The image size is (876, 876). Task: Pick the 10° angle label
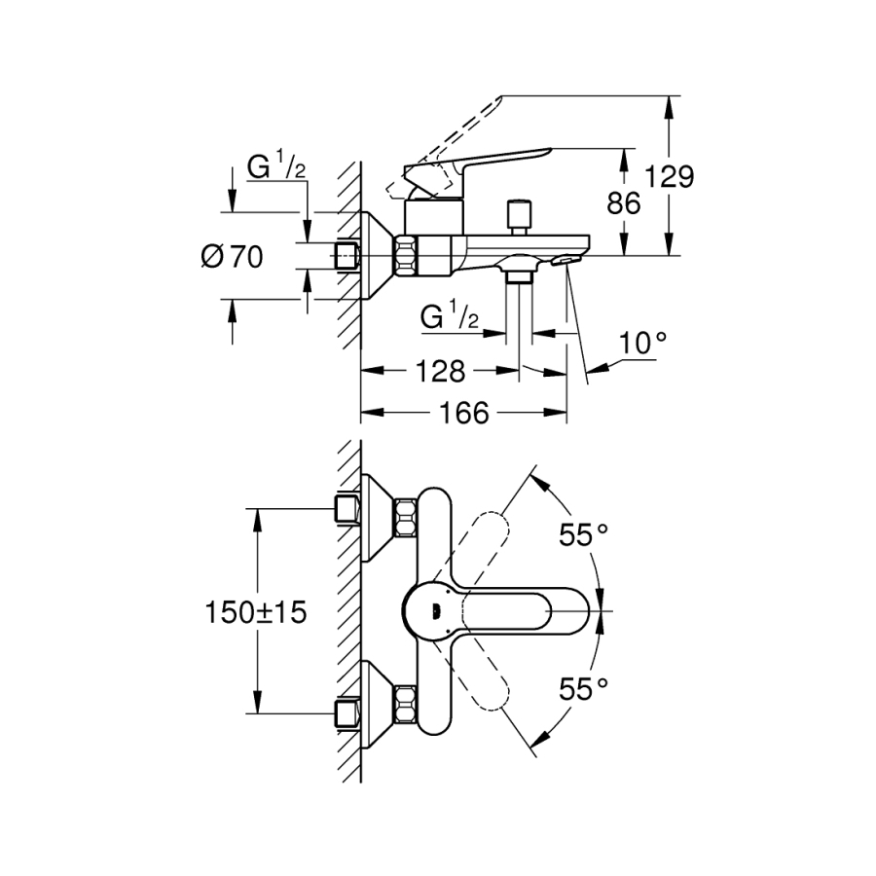click(645, 343)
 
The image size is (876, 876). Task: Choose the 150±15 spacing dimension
click(256, 612)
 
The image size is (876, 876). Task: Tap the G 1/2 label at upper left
click(277, 168)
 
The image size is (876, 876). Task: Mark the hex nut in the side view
click(405, 256)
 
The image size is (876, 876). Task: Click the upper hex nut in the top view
click(405, 516)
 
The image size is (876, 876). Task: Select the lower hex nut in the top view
click(405, 705)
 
